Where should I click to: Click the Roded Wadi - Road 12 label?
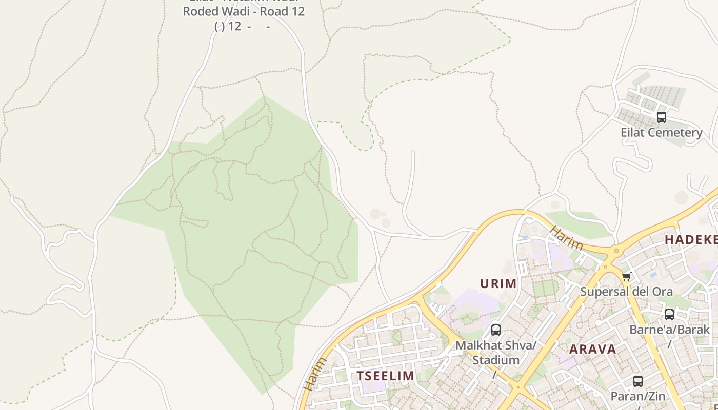[244, 11]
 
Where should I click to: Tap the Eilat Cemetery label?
[661, 132]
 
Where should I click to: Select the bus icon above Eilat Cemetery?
[662, 117]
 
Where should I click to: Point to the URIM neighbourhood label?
[498, 283]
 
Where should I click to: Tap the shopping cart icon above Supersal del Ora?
[626, 277]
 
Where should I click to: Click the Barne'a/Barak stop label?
[669, 329]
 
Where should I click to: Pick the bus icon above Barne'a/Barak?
[669, 315]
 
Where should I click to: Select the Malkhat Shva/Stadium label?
[495, 353]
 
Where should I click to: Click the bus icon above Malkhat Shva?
[495, 330]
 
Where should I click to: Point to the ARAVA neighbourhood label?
[593, 350]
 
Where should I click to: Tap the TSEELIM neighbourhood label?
[386, 376]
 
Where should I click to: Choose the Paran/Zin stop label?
[637, 396]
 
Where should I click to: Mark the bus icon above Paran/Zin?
[638, 381]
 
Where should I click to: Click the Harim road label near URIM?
[566, 238]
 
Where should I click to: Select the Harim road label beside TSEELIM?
[314, 374]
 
